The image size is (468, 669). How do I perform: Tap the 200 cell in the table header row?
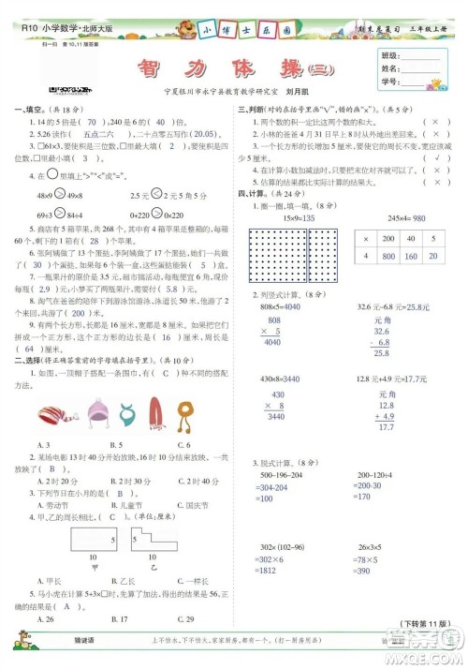click(387, 212)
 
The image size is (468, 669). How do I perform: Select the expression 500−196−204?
click(280, 474)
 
